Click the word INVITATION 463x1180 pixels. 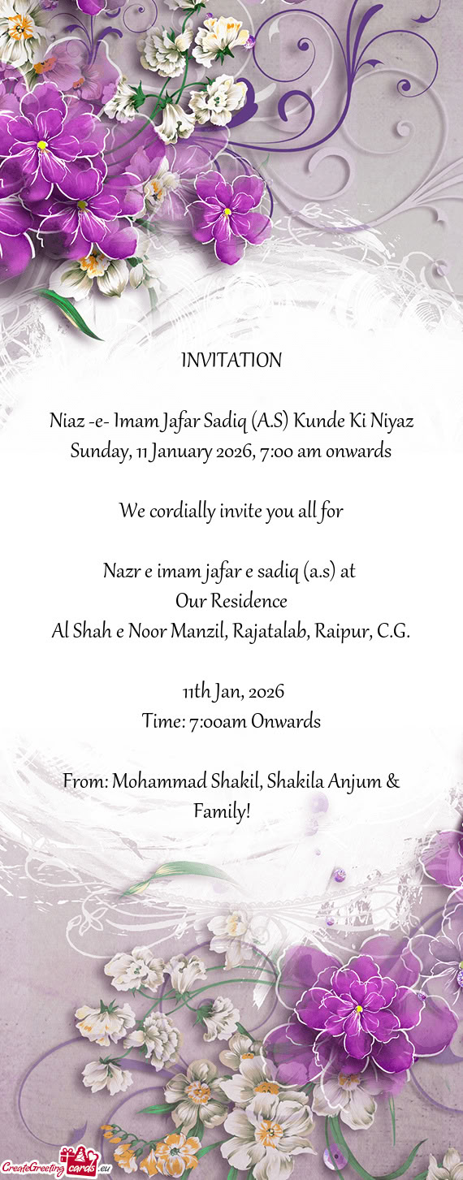tap(231, 360)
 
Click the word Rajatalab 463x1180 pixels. tap(270, 631)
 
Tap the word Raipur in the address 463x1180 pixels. tap(344, 631)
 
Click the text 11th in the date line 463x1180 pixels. tap(196, 692)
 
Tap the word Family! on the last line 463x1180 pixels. tap(222, 810)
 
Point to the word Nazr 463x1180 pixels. tap(120, 572)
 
